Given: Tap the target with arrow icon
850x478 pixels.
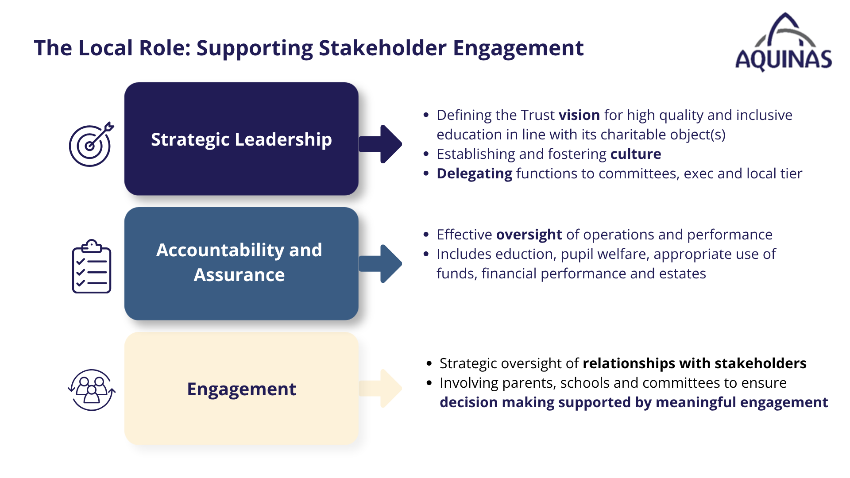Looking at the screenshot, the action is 91,144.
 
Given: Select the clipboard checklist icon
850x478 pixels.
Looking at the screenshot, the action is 92,266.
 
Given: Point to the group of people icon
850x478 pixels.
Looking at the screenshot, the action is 92,390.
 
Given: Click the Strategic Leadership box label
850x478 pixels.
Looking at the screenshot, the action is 241,139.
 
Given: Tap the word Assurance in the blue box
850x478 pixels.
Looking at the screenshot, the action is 239,275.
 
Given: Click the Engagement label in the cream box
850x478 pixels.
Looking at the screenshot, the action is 241,389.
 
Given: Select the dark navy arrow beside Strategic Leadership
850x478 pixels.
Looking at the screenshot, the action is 380,144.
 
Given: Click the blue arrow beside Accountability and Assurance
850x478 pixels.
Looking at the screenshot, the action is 380,263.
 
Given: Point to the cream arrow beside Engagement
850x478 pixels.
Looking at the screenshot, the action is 380,388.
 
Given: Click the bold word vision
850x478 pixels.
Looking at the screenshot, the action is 579,115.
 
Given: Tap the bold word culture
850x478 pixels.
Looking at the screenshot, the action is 636,154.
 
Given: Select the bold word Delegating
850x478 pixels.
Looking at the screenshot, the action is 475,174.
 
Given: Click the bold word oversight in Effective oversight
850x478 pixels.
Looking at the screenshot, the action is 529,235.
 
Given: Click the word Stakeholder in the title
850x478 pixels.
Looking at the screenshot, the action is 382,48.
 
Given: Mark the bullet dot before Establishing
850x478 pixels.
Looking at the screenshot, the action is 426,154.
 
